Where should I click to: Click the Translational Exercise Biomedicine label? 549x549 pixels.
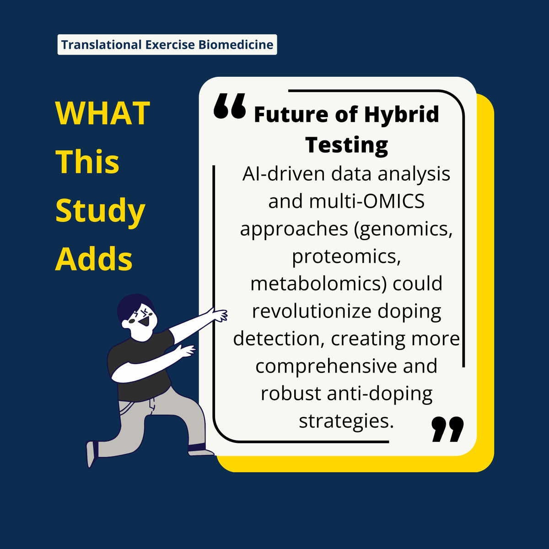[x=167, y=45]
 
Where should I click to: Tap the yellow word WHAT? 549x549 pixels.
[x=102, y=113]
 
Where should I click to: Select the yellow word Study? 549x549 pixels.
[x=100, y=211]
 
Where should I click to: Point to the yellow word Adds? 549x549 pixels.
[x=94, y=259]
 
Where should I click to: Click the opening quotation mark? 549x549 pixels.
[x=230, y=107]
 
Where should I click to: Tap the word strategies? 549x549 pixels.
[x=346, y=421]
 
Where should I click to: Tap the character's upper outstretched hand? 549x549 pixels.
[x=219, y=315]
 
